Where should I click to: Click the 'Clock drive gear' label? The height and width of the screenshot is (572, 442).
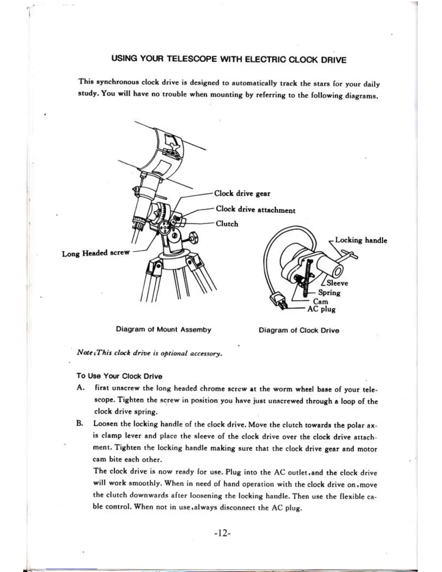242,194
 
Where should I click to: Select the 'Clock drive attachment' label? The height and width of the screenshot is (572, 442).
255,210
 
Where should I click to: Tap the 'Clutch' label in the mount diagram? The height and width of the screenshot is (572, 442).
227,224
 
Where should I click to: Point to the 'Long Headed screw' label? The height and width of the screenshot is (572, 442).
95,253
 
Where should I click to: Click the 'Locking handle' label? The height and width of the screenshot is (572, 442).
361,240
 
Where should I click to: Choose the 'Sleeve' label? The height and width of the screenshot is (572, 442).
337,283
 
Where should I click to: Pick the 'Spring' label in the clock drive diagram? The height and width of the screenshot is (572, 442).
329,292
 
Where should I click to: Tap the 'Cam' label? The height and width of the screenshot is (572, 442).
320,302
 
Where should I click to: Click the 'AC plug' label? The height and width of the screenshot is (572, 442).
321,309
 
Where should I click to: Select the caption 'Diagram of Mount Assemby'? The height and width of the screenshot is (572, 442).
163,329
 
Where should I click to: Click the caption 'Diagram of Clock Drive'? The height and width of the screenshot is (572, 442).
299,330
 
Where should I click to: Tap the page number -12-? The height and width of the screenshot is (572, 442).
222,533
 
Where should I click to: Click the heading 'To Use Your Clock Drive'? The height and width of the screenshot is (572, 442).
119,376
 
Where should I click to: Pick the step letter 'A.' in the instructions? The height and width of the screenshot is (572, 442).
81,388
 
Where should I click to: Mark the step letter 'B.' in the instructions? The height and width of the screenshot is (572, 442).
80,423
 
